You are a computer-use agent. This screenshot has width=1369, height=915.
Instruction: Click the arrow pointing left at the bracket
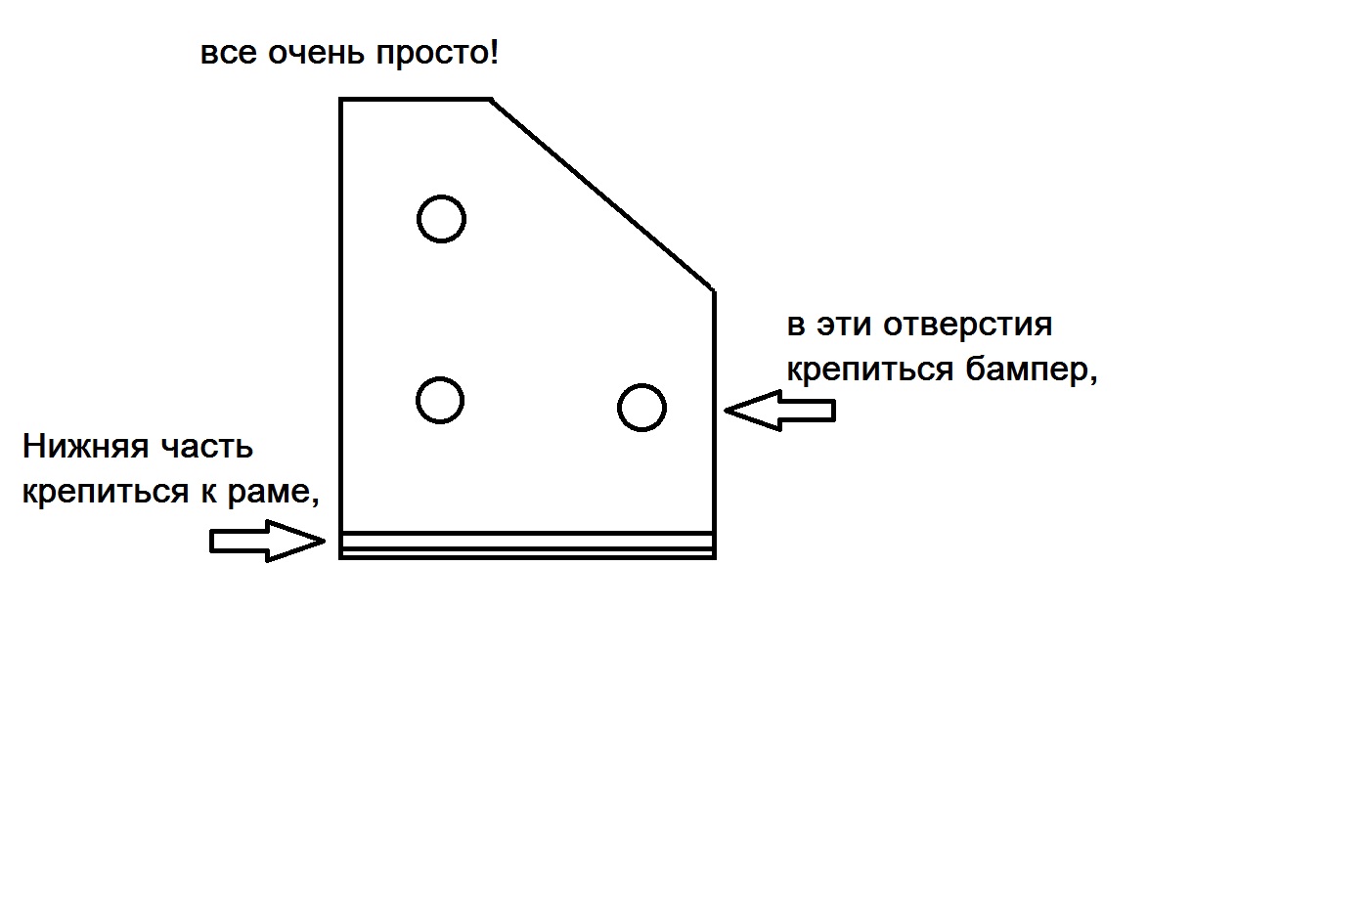[x=780, y=411]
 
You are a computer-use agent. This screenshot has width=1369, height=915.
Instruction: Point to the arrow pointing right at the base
[x=267, y=542]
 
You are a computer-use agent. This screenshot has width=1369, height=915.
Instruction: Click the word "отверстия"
[x=967, y=326]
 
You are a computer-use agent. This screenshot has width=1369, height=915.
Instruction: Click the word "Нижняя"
[x=86, y=447]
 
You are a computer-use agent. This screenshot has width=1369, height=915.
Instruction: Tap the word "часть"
[x=207, y=448]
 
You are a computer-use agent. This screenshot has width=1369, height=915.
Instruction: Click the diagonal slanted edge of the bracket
[x=602, y=195]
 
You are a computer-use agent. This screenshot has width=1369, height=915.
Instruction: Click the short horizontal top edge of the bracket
[x=416, y=99]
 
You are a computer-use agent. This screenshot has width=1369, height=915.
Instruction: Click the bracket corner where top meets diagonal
[x=491, y=99]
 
